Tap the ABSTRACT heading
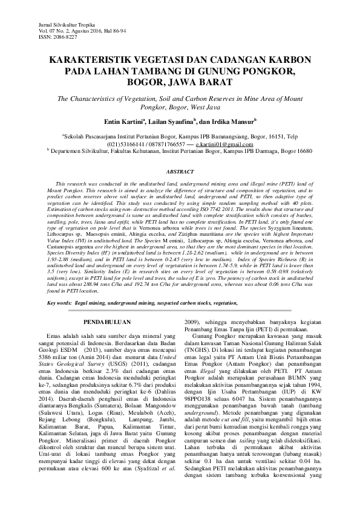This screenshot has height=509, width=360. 179,172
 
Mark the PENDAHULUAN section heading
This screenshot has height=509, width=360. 106,332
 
